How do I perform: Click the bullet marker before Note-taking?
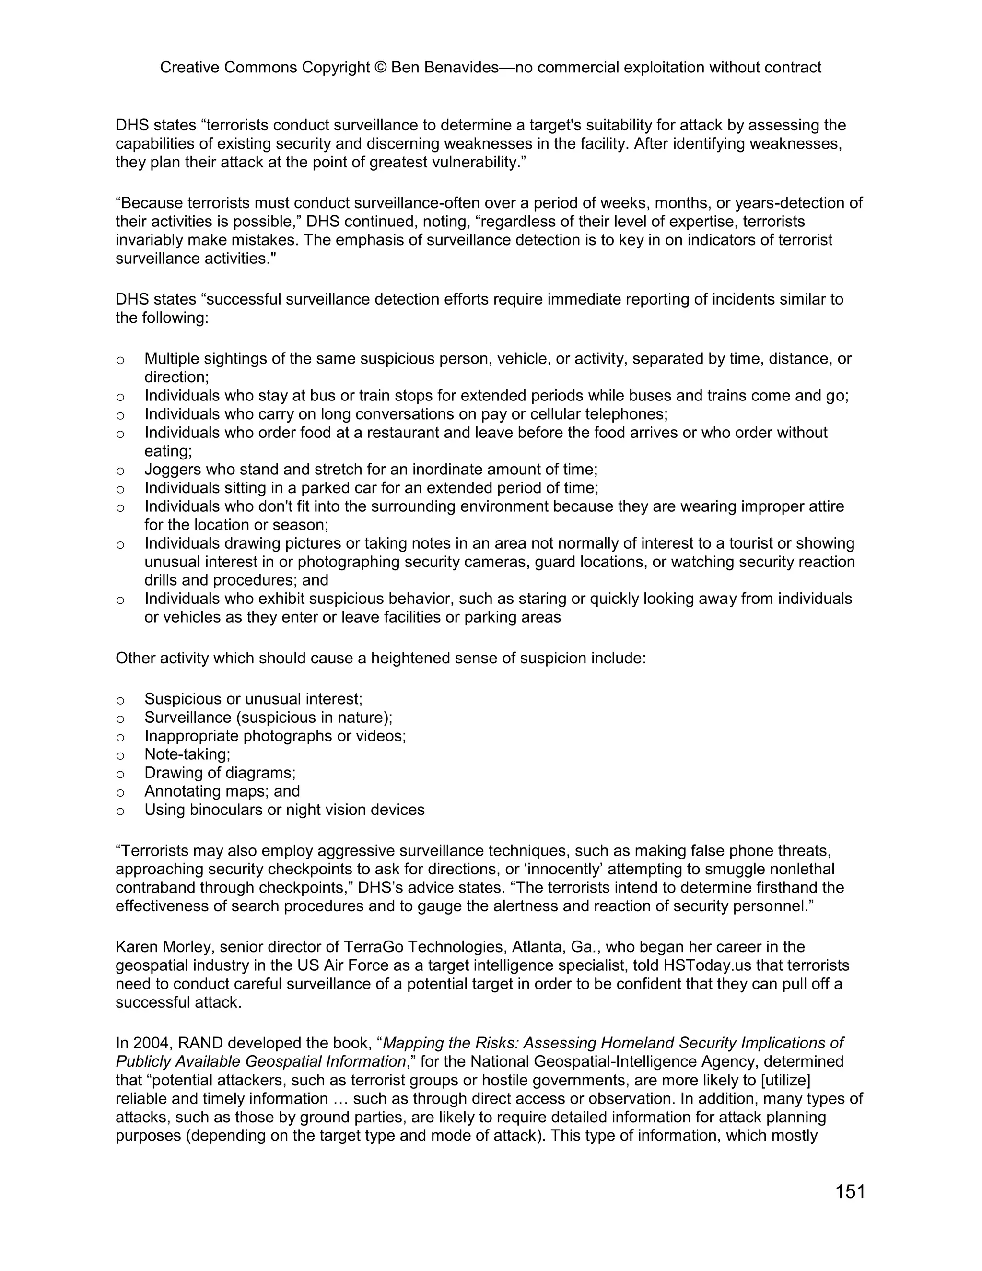[120, 756]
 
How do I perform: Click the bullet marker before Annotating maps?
[120, 793]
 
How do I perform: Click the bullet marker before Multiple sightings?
[120, 360]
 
